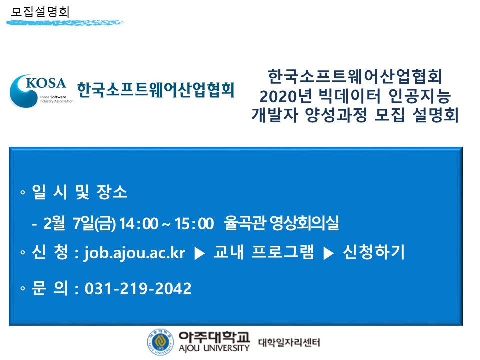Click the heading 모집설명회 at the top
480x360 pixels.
[x=40, y=12]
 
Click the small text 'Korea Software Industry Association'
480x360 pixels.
[x=56, y=99]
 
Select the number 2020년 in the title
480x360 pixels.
[x=286, y=96]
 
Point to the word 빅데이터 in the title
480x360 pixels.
[x=350, y=96]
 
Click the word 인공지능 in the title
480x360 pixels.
[x=419, y=96]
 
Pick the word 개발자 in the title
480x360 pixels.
[x=274, y=115]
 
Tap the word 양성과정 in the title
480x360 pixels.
[x=336, y=115]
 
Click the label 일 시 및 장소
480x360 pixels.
[x=79, y=192]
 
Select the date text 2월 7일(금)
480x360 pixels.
[x=80, y=223]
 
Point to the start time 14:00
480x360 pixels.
[x=139, y=224]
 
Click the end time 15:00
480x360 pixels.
[x=194, y=224]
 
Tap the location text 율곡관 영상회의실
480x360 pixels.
[x=281, y=223]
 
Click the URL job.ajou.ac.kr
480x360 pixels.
[x=135, y=253]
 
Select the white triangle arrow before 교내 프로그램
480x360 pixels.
[x=200, y=253]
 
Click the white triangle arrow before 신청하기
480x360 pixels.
[x=329, y=253]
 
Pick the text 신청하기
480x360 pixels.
[x=374, y=252]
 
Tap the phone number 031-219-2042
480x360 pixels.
[x=138, y=288]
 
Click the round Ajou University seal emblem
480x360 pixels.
[x=160, y=342]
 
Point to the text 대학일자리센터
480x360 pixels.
[x=289, y=342]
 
